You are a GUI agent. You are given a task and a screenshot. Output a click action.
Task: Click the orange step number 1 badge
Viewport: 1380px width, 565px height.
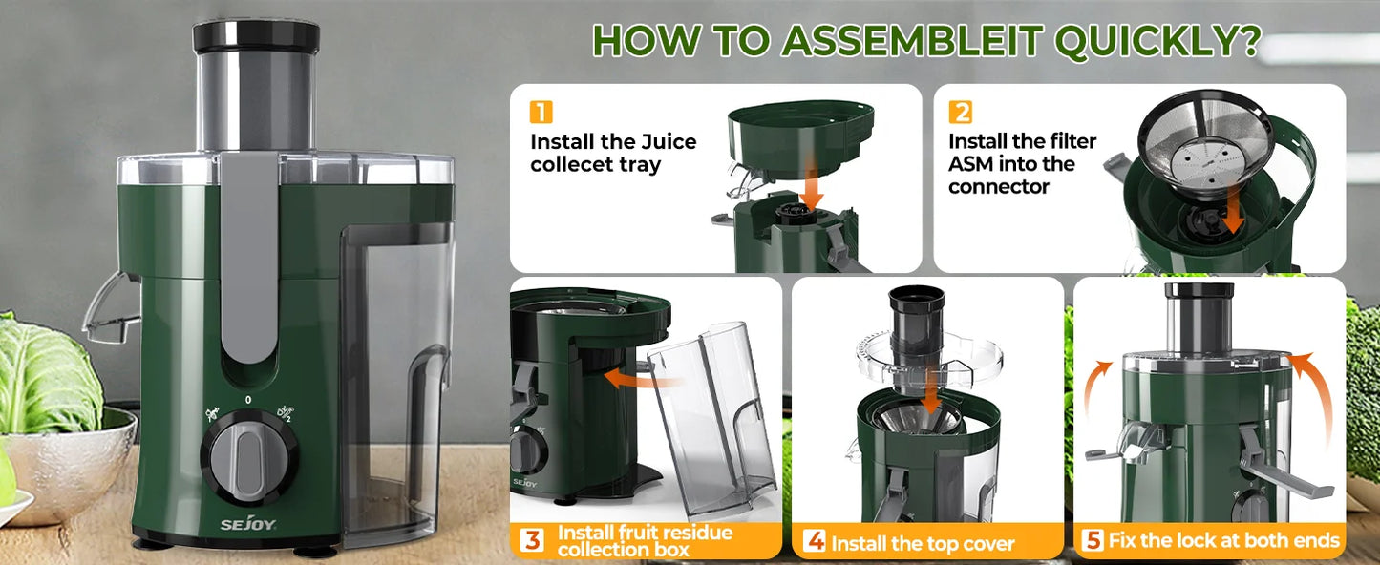[x=541, y=113]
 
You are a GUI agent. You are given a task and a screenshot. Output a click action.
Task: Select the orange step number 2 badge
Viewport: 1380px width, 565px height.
[x=961, y=113]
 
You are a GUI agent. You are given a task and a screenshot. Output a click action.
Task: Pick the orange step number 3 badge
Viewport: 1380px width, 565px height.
[x=533, y=541]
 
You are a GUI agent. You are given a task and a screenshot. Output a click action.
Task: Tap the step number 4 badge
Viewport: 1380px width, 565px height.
[x=814, y=541]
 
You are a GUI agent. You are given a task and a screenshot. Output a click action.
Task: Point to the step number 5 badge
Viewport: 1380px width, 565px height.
[x=1093, y=541]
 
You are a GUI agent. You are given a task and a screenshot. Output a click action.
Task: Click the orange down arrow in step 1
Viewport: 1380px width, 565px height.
[x=812, y=191]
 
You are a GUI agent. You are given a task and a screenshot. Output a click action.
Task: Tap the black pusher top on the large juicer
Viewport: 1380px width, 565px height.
[x=256, y=35]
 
